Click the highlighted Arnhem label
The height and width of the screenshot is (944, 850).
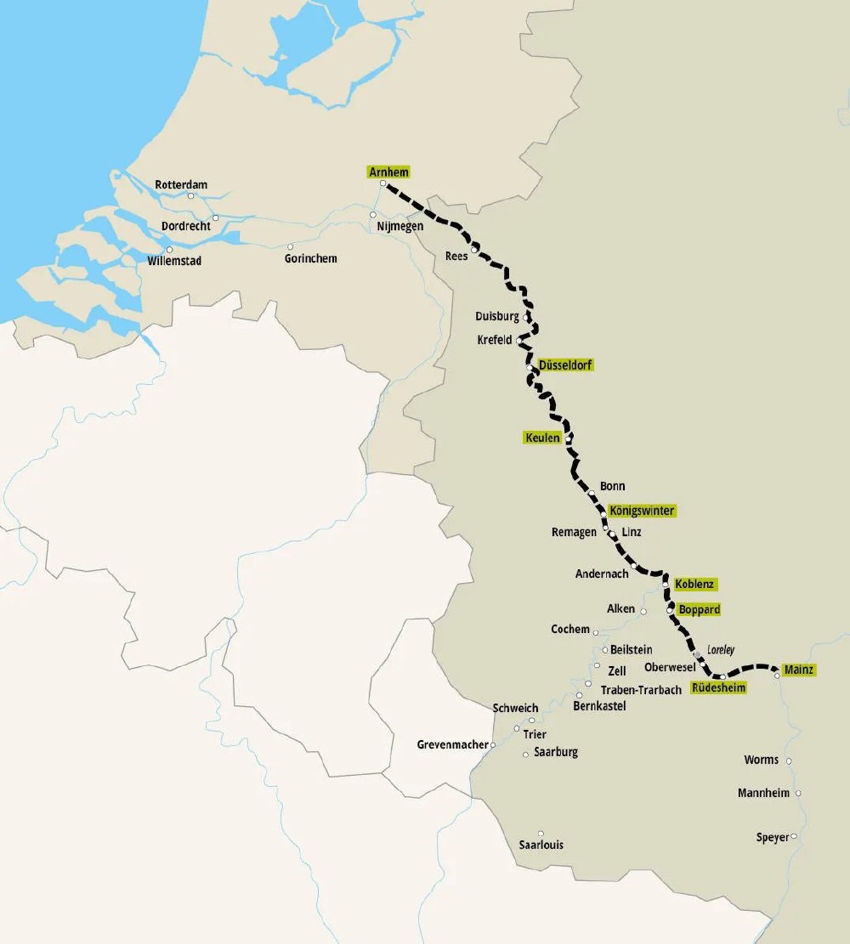pyautogui.click(x=388, y=172)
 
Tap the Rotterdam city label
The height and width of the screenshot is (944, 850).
pyautogui.click(x=180, y=184)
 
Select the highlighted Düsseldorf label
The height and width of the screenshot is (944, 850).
pyautogui.click(x=565, y=365)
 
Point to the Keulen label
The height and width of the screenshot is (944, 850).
pyautogui.click(x=542, y=438)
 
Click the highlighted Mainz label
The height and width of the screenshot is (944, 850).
pyautogui.click(x=799, y=670)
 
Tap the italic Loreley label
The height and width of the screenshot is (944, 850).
pyautogui.click(x=720, y=650)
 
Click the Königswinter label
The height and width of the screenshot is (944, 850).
pyautogui.click(x=643, y=511)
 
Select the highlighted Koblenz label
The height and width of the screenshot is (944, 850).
pyautogui.click(x=695, y=584)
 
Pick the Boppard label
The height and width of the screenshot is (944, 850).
pyautogui.click(x=699, y=609)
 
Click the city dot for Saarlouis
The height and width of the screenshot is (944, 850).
pyautogui.click(x=541, y=833)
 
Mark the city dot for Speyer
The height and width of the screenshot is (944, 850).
pyautogui.click(x=794, y=836)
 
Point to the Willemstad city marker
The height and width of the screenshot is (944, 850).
pyautogui.click(x=169, y=250)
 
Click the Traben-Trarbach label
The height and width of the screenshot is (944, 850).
pyautogui.click(x=640, y=690)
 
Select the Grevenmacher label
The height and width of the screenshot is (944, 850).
pyautogui.click(x=452, y=745)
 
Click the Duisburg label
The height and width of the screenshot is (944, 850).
pyautogui.click(x=497, y=316)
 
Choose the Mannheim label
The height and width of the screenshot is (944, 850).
pyautogui.click(x=763, y=793)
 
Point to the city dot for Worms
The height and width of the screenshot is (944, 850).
pyautogui.click(x=789, y=760)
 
